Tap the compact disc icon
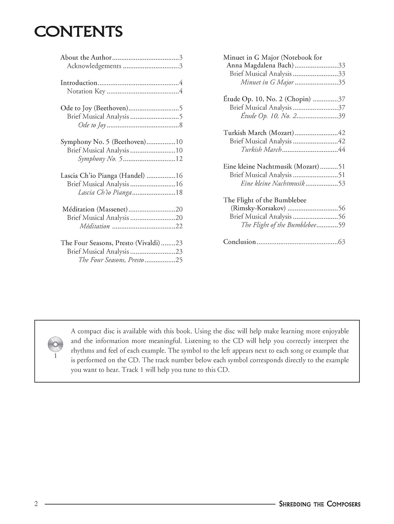point(55,344)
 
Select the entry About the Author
point(86,58)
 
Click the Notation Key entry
point(86,91)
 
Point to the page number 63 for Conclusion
point(342,242)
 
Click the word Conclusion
point(239,242)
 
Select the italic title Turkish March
point(261,150)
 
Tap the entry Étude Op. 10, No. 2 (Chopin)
point(267,99)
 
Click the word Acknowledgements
point(94,66)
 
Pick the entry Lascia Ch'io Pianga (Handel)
point(102,175)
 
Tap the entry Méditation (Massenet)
point(95,209)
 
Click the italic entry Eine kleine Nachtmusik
point(273,183)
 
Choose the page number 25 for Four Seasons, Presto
point(179,260)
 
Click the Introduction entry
point(79,83)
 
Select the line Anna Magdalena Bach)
point(260,65)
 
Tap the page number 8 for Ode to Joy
point(181,125)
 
